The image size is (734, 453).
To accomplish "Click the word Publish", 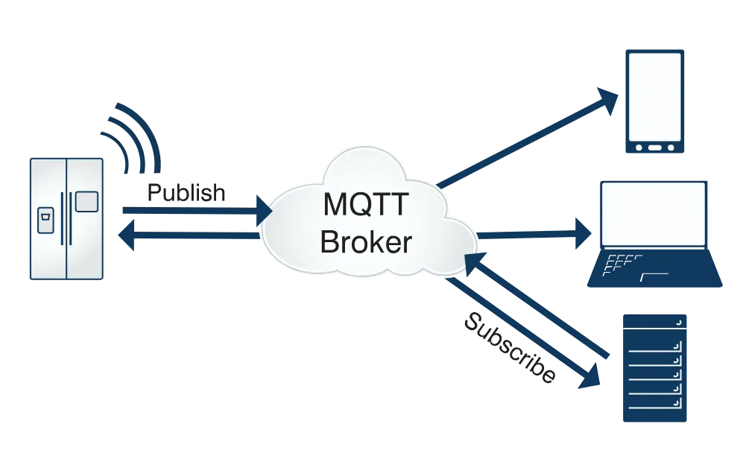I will [x=186, y=192].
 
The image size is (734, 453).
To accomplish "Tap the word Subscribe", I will [x=510, y=348].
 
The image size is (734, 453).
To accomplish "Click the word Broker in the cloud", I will [x=366, y=241].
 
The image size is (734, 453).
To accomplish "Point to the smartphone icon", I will [x=654, y=101].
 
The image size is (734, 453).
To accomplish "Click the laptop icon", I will [x=654, y=234].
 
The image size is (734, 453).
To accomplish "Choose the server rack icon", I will [x=654, y=368].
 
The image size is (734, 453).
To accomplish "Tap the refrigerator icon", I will [x=66, y=218].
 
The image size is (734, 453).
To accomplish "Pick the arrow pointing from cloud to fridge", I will [x=190, y=237].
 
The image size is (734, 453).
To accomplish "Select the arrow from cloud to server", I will [x=522, y=332].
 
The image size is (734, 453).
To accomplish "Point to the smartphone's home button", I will [x=654, y=147].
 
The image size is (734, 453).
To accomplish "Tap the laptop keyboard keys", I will [x=623, y=262].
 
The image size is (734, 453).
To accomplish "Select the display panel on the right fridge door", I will [x=86, y=201].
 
